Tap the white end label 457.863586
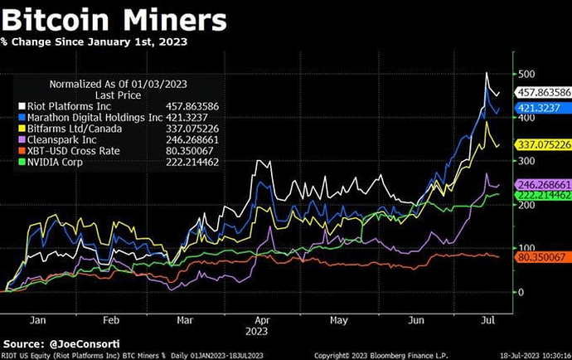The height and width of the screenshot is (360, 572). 543,92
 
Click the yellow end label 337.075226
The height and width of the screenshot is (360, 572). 543,146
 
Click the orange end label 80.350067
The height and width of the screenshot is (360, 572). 540,257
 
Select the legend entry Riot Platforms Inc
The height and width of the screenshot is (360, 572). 70,107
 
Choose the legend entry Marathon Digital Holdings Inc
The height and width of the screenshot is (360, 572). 92,118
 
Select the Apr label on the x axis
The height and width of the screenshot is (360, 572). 262,318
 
